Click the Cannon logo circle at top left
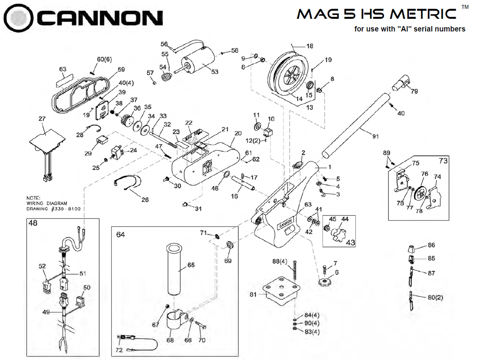18,18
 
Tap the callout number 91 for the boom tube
375,136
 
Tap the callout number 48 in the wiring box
33,223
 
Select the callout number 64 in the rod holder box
120,235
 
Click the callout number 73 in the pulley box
443,161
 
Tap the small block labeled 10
267,132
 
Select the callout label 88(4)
279,261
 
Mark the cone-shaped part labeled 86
412,248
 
